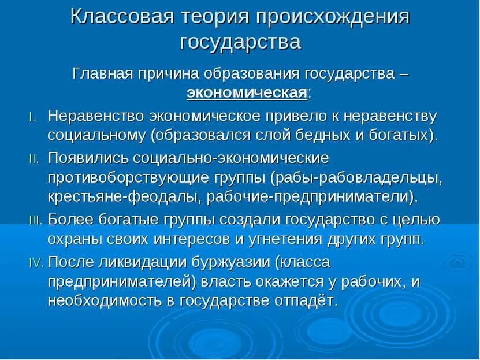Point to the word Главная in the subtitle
pyautogui.click(x=102, y=74)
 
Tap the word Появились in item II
pyautogui.click(x=88, y=158)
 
